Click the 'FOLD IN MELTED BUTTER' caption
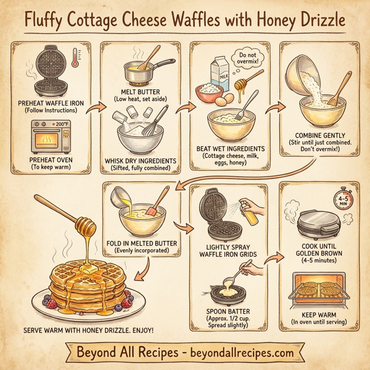click(141, 244)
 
